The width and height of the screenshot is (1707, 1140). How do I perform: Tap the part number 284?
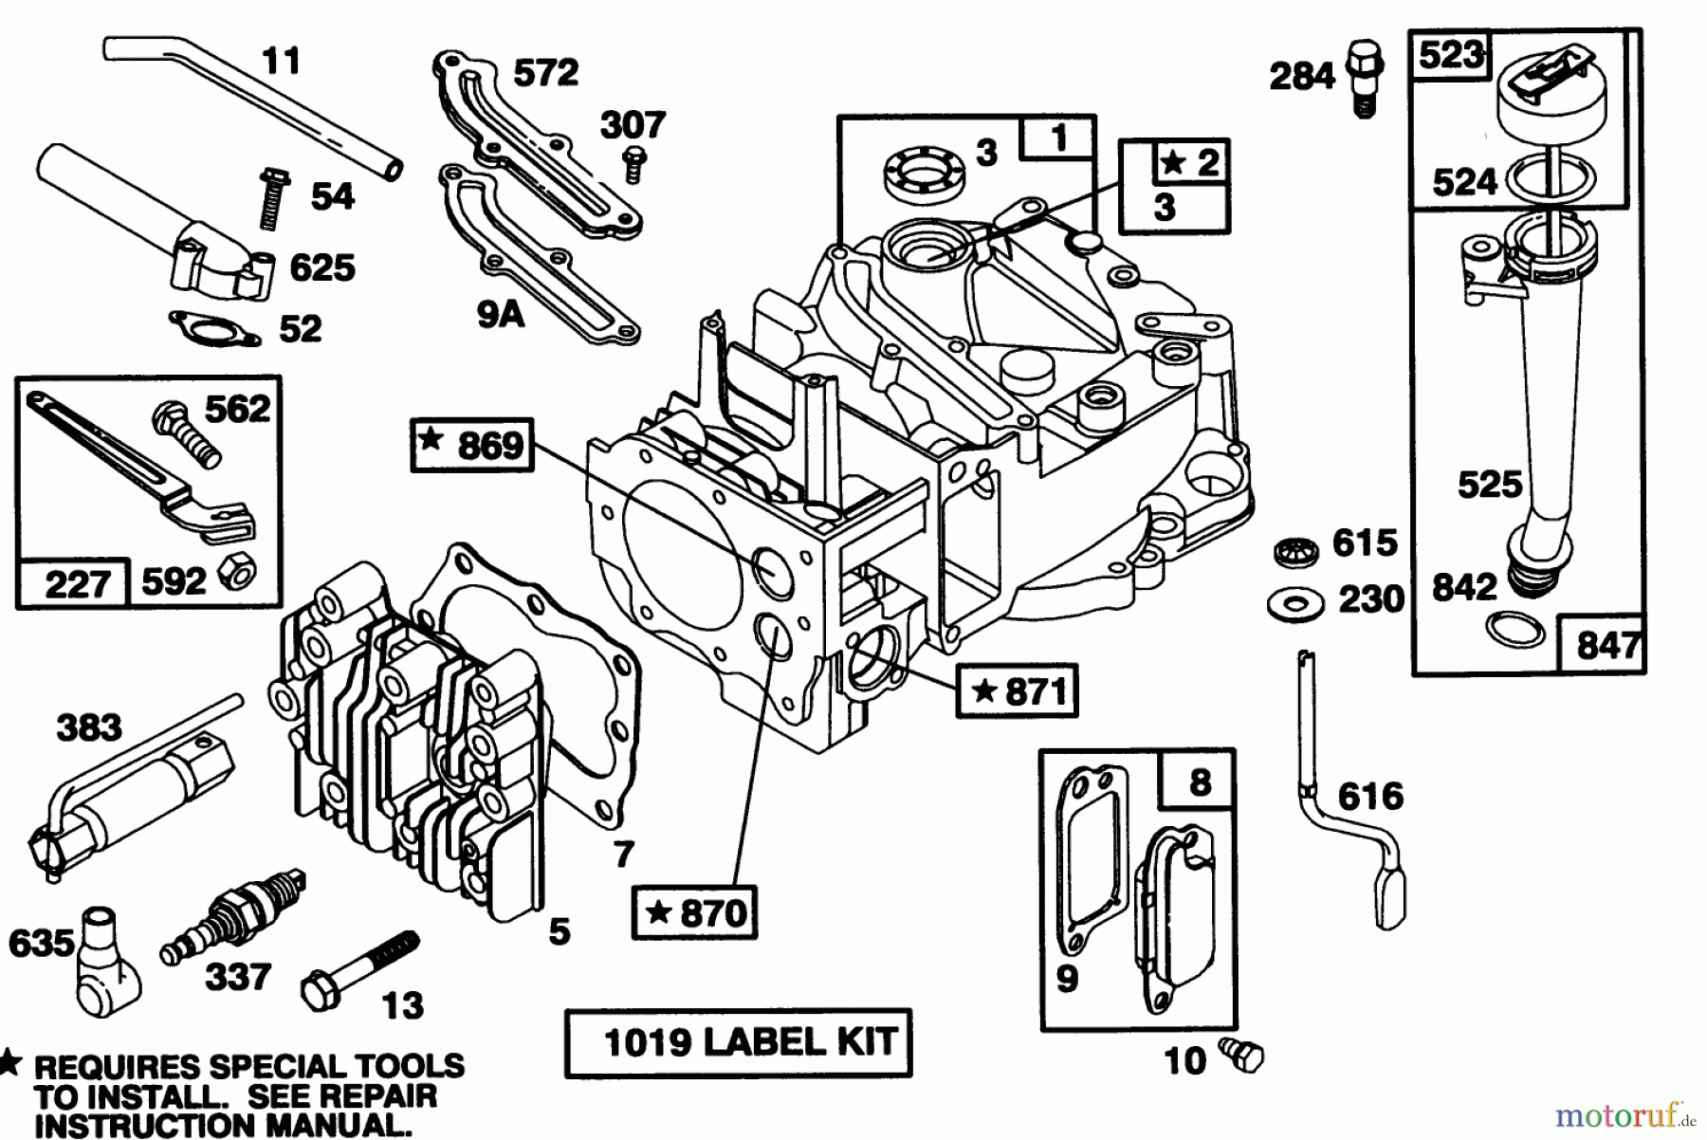[1301, 76]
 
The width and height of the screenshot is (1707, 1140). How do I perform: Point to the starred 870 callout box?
[695, 912]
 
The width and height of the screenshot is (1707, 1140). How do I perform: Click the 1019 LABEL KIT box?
[738, 1042]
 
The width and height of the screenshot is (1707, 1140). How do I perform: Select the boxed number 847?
[1607, 645]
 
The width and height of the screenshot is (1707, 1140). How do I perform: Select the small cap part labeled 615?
[1294, 551]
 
